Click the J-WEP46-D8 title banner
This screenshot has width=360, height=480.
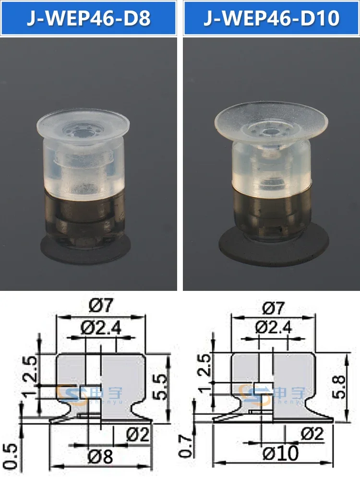tap(88, 18)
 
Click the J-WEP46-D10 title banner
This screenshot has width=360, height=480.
tap(272, 18)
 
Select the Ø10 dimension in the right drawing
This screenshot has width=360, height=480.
tap(280, 453)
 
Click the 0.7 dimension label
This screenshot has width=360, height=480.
tap(185, 446)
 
